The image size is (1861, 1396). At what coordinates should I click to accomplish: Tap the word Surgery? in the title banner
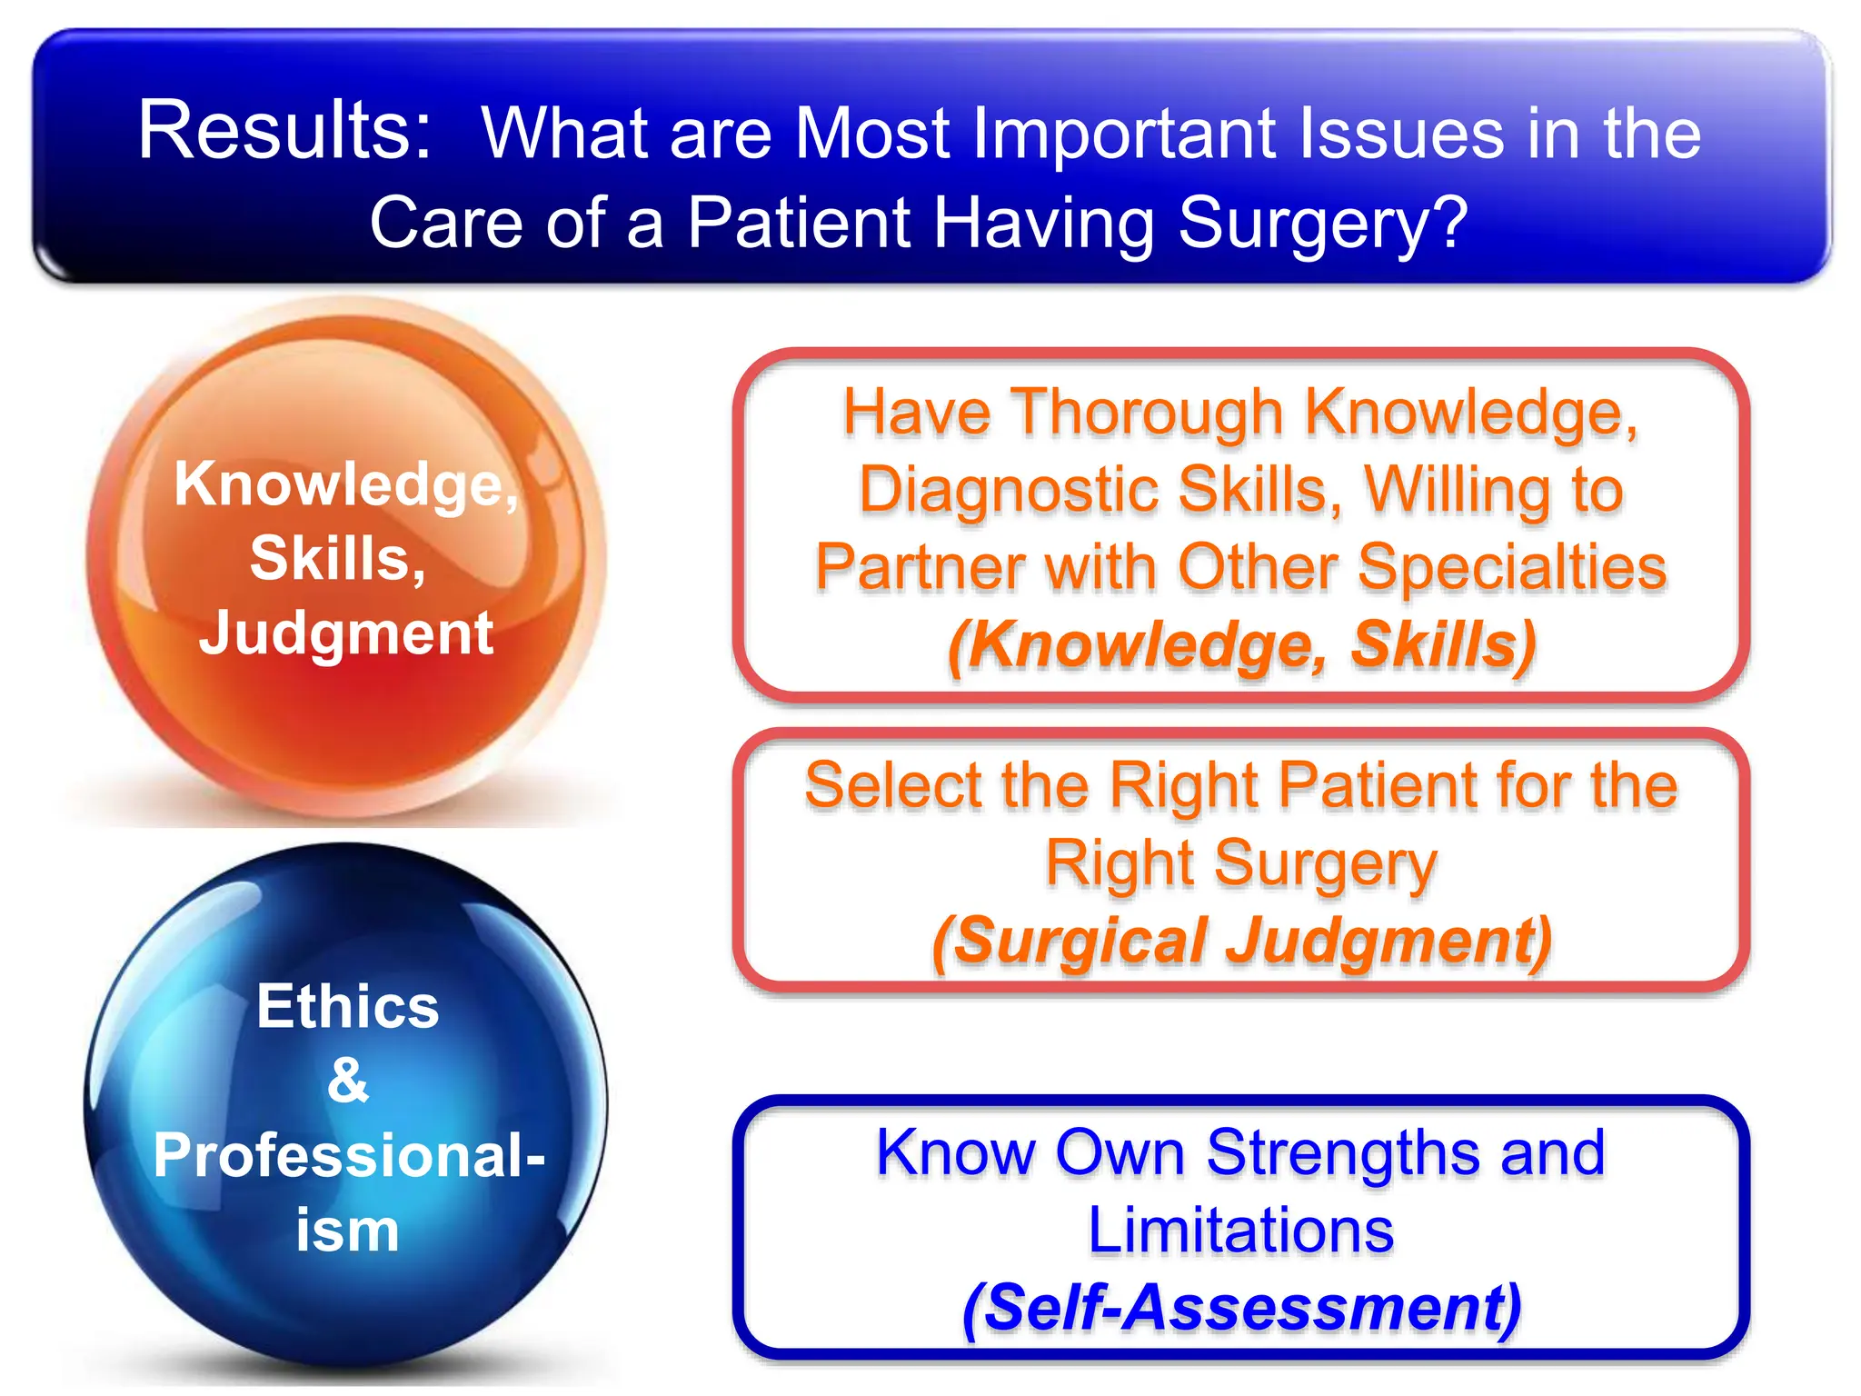point(1323,224)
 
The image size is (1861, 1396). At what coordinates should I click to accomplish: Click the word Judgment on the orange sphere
point(346,633)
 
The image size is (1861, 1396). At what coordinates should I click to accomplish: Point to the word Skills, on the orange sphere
point(338,558)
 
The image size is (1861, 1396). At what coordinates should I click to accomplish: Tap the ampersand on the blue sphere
point(348,1081)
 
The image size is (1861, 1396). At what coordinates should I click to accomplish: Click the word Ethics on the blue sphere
point(348,1006)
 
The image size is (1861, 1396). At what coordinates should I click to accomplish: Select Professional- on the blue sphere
point(349,1155)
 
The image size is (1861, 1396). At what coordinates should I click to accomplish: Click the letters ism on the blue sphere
point(348,1231)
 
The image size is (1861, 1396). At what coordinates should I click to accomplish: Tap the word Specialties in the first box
point(1513,566)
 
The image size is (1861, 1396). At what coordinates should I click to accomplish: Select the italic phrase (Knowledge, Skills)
point(1241,644)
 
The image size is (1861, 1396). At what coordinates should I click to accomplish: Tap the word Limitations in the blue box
point(1241,1230)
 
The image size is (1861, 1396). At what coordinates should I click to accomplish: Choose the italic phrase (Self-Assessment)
point(1241,1307)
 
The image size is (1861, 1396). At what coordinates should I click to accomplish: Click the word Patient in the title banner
point(798,224)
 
